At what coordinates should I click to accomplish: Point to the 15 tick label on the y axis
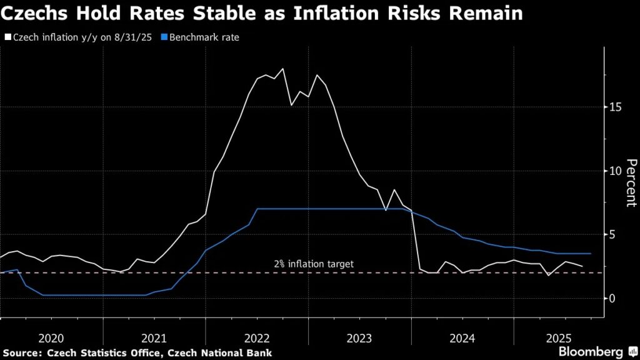click(x=616, y=107)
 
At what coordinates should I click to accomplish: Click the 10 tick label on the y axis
click(x=616, y=171)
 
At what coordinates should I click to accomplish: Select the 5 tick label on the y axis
click(x=614, y=234)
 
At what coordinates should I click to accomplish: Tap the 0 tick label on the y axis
click(x=614, y=298)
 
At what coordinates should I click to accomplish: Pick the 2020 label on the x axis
click(x=51, y=338)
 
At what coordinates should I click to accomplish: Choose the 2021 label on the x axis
click(x=154, y=338)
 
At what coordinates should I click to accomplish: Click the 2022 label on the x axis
click(x=257, y=338)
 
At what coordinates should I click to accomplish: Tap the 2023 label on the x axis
click(x=359, y=338)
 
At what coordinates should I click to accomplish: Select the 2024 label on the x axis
click(x=462, y=338)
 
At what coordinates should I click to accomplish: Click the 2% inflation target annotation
click(x=314, y=264)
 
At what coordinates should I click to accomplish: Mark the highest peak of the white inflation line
click(x=283, y=69)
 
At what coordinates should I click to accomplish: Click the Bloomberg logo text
click(x=591, y=352)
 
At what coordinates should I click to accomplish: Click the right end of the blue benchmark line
click(x=591, y=254)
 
